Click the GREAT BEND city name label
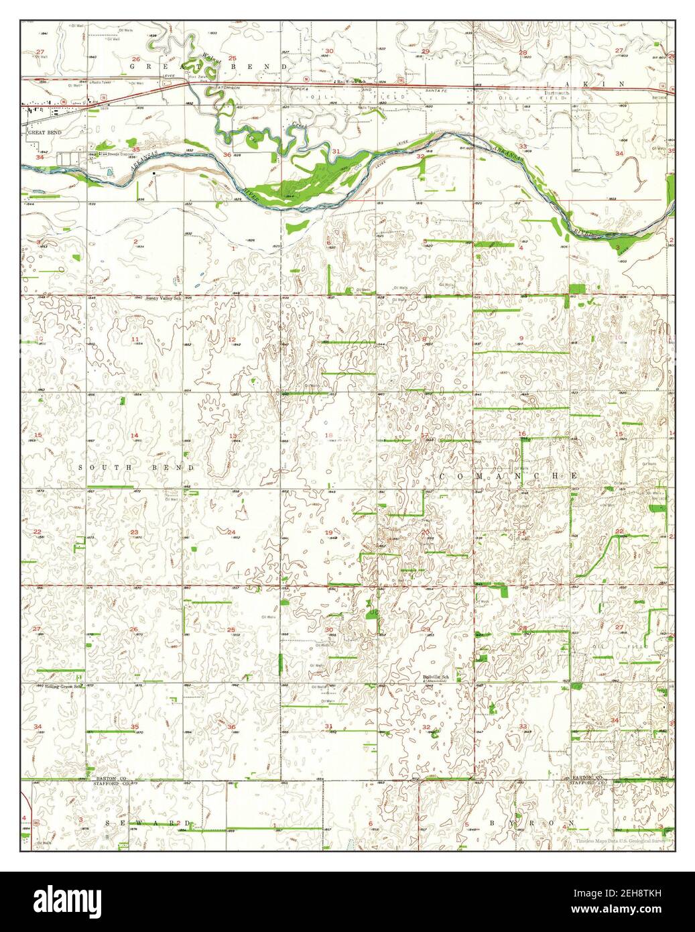click(45, 133)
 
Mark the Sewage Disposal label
click(115, 154)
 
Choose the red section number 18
click(328, 436)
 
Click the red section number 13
click(233, 436)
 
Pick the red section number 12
click(233, 339)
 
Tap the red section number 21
click(521, 533)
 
